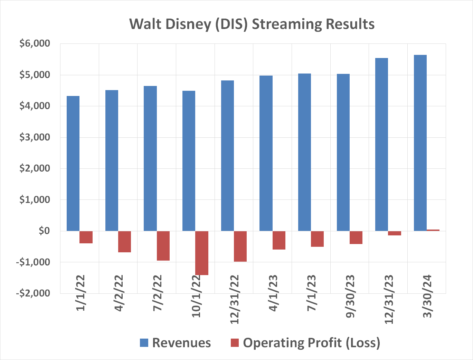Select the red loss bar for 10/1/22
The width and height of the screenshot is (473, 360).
point(202,253)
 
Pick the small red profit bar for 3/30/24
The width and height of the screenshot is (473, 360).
point(433,230)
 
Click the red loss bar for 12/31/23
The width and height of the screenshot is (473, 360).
point(395,233)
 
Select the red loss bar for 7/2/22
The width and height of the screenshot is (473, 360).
point(163,246)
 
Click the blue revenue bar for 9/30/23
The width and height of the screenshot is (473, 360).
point(343,152)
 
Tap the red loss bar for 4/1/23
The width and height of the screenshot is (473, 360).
point(279,240)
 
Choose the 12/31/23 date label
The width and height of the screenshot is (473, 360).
point(389,299)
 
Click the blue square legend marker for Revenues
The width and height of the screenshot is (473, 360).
point(144,343)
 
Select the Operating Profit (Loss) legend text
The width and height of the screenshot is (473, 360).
point(311,343)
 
